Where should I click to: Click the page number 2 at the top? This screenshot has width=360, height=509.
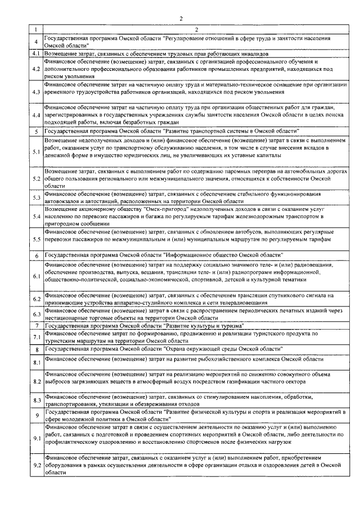(181, 19)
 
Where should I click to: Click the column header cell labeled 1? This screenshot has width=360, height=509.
(36, 29)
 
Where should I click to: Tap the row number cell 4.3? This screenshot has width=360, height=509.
(36, 92)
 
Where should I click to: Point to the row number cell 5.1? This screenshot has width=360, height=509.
(36, 152)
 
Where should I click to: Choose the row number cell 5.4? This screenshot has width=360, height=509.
(36, 216)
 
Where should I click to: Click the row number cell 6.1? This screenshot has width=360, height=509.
(36, 276)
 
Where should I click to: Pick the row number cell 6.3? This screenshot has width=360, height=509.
(36, 314)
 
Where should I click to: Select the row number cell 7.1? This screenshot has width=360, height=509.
(36, 337)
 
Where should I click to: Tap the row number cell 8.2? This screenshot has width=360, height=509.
(36, 381)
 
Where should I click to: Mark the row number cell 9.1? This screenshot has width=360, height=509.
(36, 438)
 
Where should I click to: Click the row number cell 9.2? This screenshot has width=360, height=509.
(36, 466)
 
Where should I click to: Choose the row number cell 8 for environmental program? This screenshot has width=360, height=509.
(36, 349)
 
